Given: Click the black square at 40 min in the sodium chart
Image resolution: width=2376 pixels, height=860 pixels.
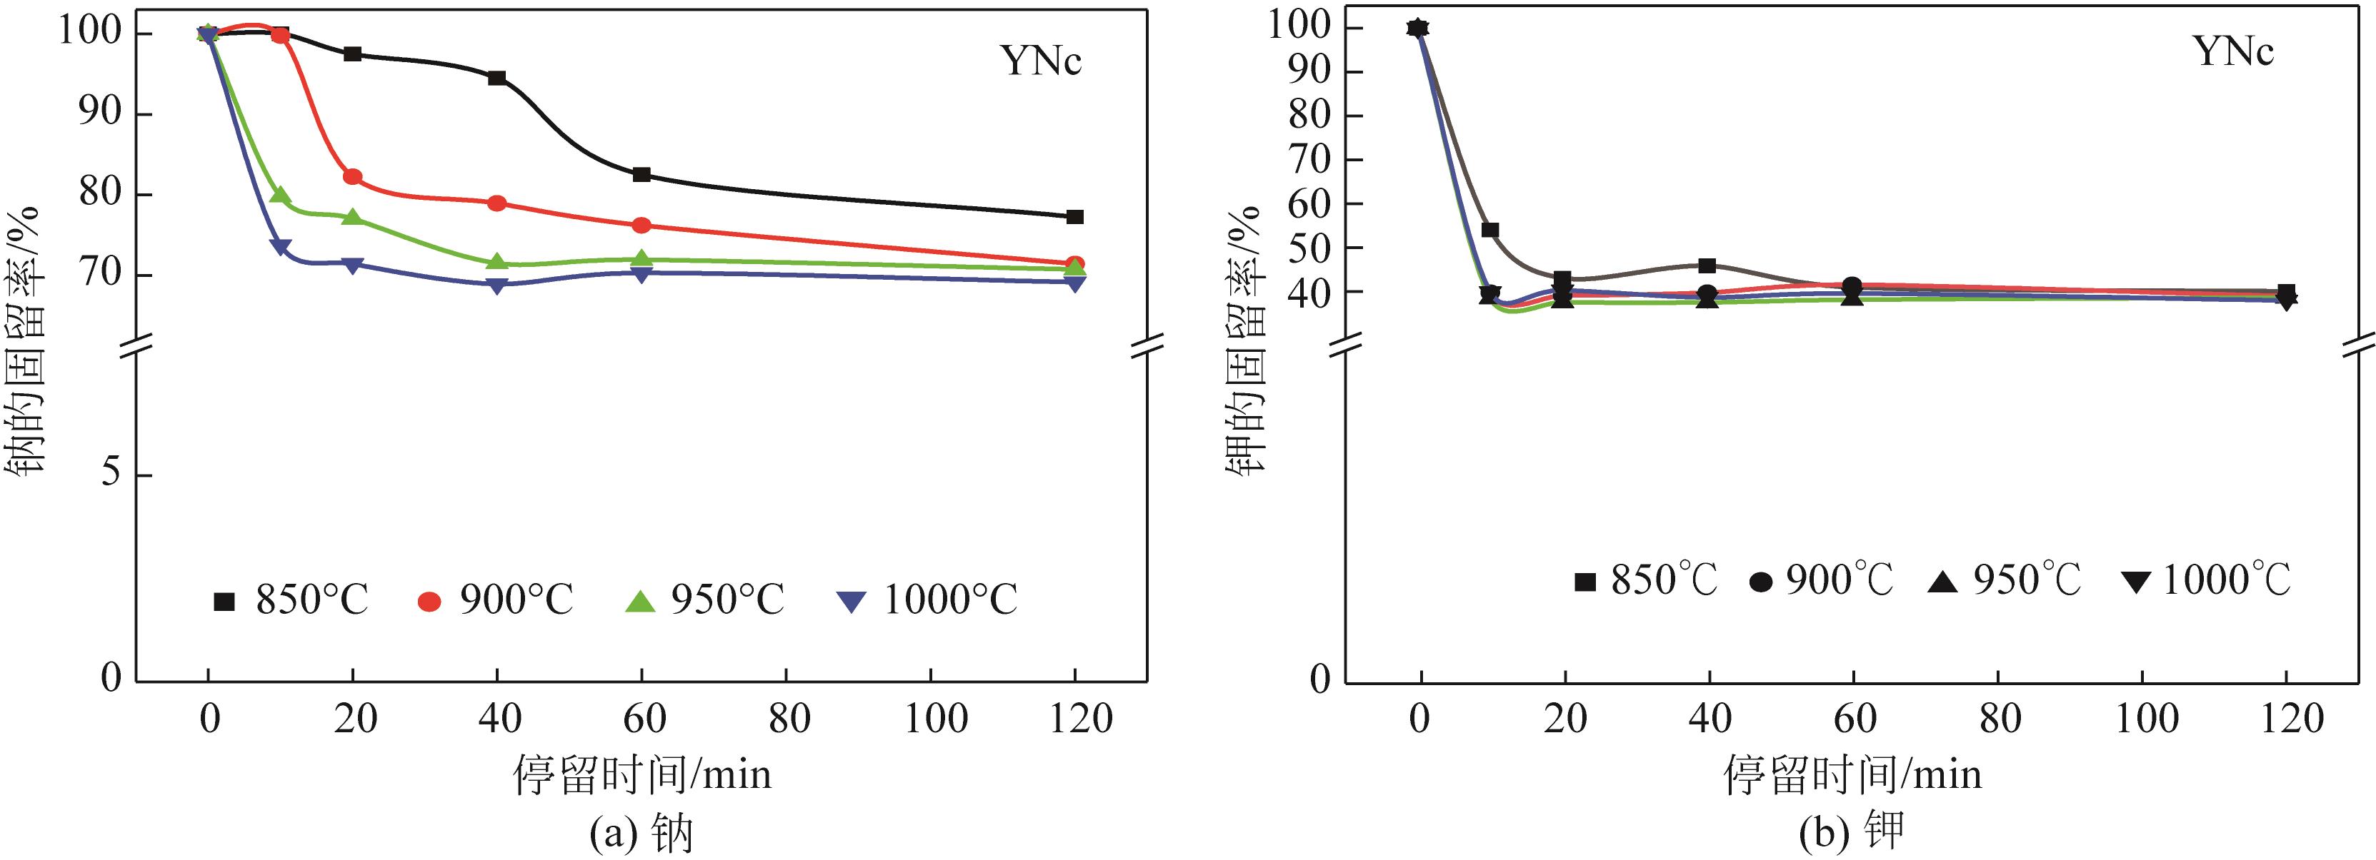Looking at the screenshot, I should pos(497,77).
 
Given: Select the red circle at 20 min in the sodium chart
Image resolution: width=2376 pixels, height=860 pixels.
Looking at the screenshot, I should pos(352,177).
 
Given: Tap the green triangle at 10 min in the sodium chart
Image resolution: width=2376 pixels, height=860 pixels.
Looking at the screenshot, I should pos(281,196).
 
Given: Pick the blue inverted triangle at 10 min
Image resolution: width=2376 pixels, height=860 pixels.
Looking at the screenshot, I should pos(281,247).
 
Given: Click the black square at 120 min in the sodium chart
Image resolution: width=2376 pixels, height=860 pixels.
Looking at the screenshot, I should pos(1074,217).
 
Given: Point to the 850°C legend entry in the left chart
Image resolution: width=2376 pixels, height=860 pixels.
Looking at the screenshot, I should pos(291,601).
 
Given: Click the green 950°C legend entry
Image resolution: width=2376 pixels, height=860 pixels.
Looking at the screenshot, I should pos(706,601).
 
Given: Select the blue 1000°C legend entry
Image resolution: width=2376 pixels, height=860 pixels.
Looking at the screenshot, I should pos(928,601).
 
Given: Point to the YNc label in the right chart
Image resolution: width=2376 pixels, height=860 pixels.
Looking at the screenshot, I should pos(2233,51).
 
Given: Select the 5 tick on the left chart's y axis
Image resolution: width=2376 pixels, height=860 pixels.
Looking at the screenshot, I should pos(111,474).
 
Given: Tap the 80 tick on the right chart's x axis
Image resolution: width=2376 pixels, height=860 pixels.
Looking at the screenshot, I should pos(2000,719).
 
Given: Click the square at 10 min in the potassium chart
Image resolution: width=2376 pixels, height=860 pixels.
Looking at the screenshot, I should pos(1489,230).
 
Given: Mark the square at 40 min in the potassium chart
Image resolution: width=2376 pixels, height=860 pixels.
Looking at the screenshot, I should pos(1707,265).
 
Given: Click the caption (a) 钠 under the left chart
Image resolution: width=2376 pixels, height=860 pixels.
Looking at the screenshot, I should pos(640,834).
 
